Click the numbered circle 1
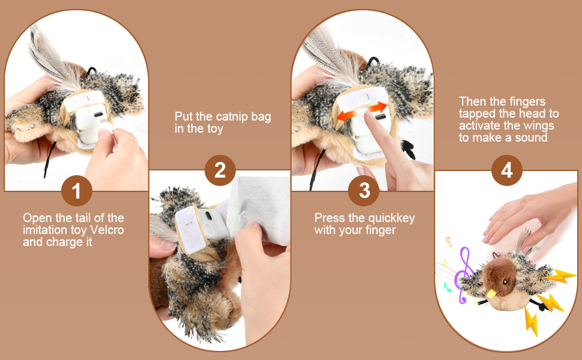[x=76, y=191]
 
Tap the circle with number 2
[x=220, y=170]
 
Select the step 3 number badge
[x=364, y=191]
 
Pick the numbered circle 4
[x=507, y=170]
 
